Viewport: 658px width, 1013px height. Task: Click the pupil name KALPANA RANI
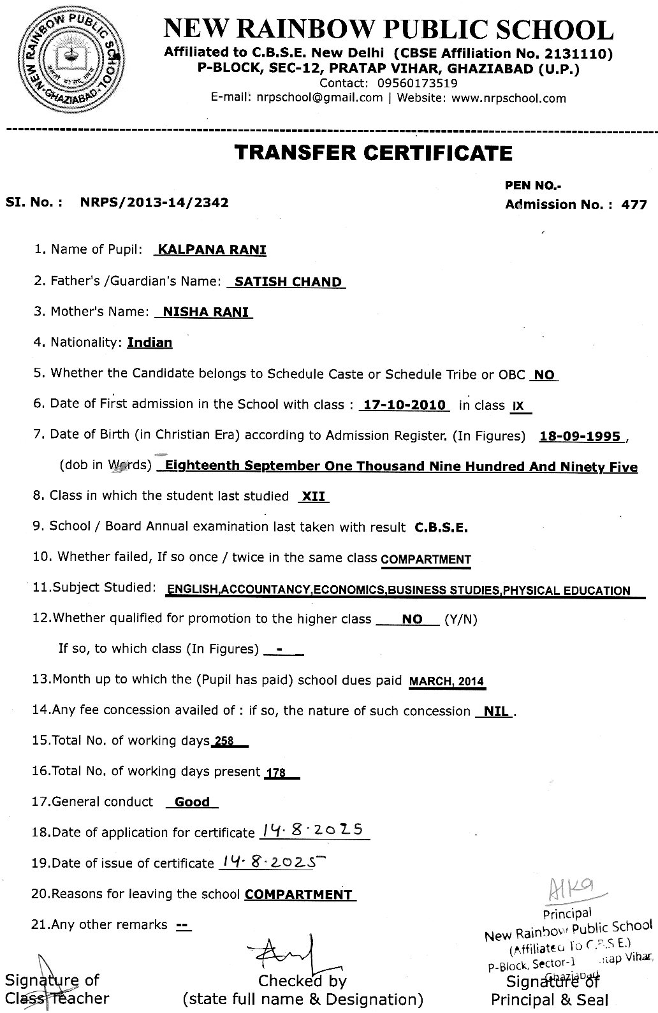pyautogui.click(x=212, y=249)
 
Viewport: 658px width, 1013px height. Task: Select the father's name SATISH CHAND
pyautogui.click(x=288, y=282)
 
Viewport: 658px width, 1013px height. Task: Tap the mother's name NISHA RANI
pyautogui.click(x=206, y=312)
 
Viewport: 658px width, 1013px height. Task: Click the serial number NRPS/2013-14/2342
pyautogui.click(x=154, y=203)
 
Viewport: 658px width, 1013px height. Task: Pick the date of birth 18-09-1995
pyautogui.click(x=580, y=437)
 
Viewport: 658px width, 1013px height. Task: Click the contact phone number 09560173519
pyautogui.click(x=416, y=83)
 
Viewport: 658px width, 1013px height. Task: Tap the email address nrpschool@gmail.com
pyautogui.click(x=319, y=98)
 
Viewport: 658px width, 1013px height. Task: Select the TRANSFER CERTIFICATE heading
pyautogui.click(x=374, y=153)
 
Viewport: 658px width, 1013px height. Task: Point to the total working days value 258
pyautogui.click(x=224, y=741)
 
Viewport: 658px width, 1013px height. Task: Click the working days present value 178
pyautogui.click(x=275, y=773)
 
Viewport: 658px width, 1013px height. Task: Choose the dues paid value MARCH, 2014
pyautogui.click(x=446, y=681)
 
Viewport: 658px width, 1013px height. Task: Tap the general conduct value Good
pyautogui.click(x=192, y=802)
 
